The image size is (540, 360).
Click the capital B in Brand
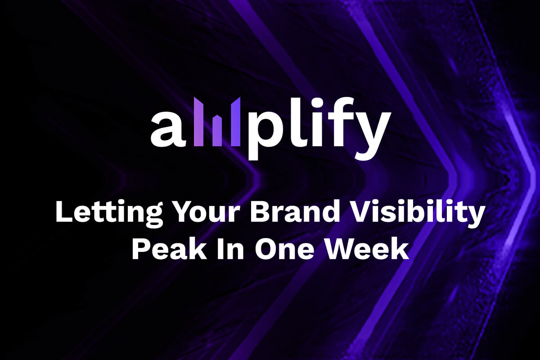[259, 212]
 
